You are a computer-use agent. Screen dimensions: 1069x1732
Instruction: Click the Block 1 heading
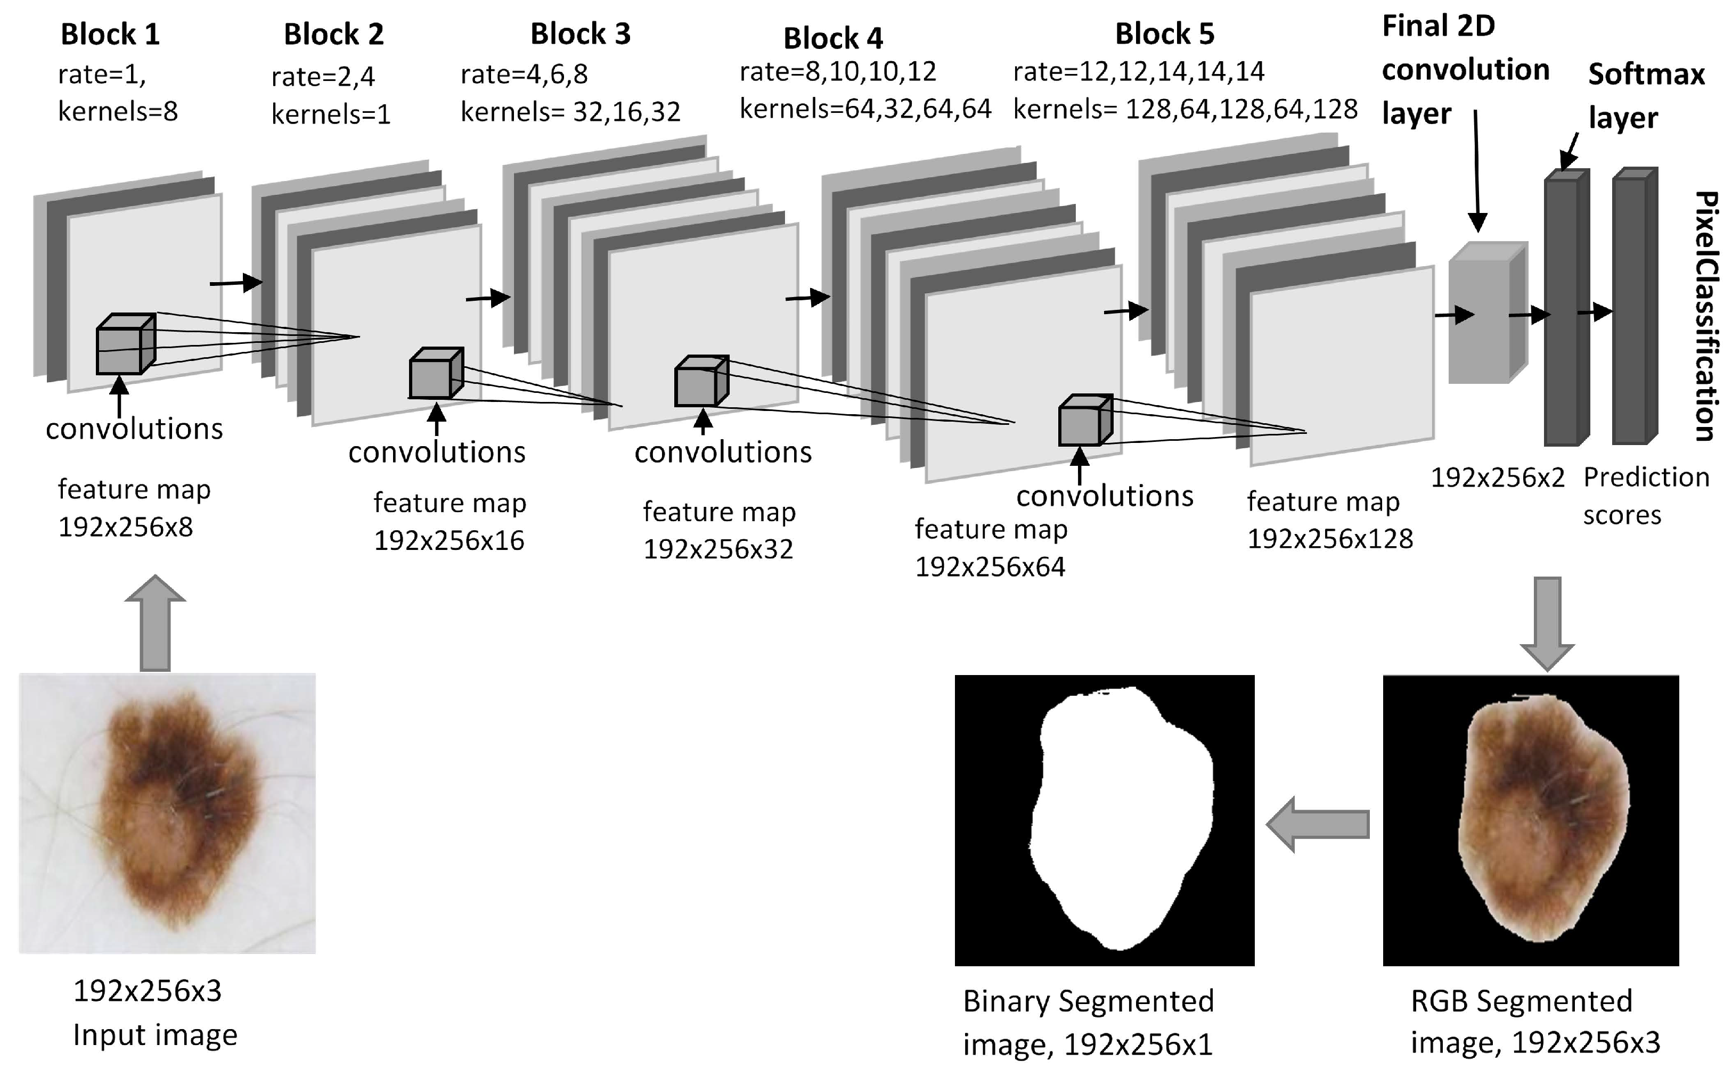pos(110,34)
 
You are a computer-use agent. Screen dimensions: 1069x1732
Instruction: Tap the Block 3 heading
pos(580,34)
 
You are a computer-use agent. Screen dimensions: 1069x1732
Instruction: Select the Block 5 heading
pos(1164,34)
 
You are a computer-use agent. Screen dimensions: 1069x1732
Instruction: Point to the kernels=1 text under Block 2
pos(330,114)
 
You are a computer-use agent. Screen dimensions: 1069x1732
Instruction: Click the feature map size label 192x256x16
pos(448,541)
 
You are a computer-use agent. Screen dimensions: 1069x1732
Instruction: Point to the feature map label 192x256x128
pos(1329,539)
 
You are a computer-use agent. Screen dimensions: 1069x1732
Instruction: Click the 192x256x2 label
pos(1497,478)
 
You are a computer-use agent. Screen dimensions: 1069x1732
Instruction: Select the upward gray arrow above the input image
pos(155,622)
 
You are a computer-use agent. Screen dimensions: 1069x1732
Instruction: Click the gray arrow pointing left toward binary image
pos(1317,824)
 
